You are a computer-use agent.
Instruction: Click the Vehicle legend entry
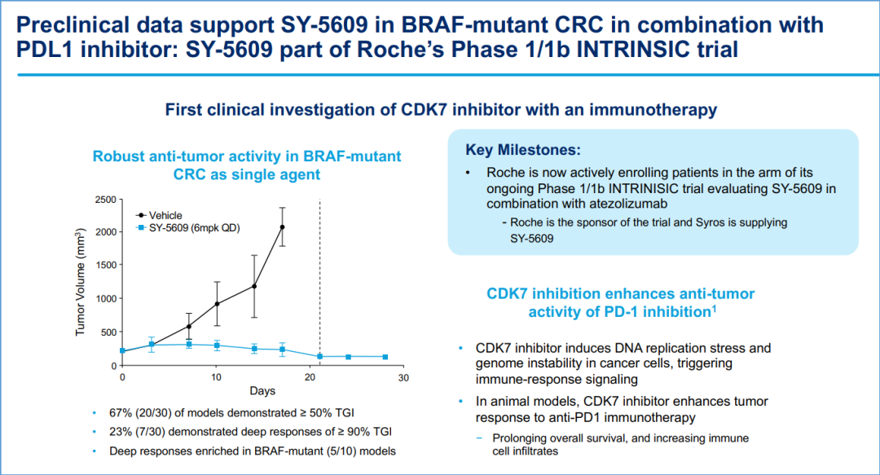[x=160, y=216]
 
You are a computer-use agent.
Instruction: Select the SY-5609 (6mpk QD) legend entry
[x=188, y=228]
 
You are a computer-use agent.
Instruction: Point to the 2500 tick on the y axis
[x=105, y=200]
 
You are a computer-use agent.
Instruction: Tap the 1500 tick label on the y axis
[x=105, y=265]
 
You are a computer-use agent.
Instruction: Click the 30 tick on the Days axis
[x=403, y=378]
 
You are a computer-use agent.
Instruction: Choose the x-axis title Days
[x=262, y=391]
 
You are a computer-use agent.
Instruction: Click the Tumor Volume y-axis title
[x=80, y=282]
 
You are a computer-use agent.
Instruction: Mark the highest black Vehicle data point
[x=282, y=227]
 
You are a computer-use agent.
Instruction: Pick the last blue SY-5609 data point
[x=385, y=357]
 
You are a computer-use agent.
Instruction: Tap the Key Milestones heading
[x=523, y=150]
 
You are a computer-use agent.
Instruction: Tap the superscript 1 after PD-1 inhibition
[x=714, y=308]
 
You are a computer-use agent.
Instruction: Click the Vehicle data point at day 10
[x=217, y=304]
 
